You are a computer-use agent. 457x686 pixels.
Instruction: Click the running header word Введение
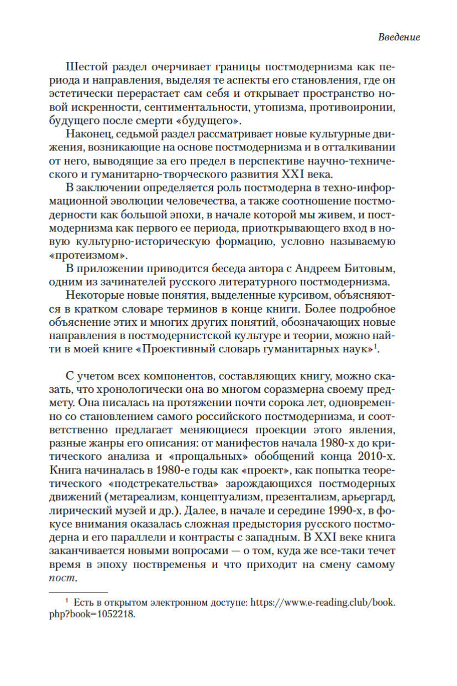coord(399,38)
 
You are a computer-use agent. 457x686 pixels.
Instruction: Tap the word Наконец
coord(91,134)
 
